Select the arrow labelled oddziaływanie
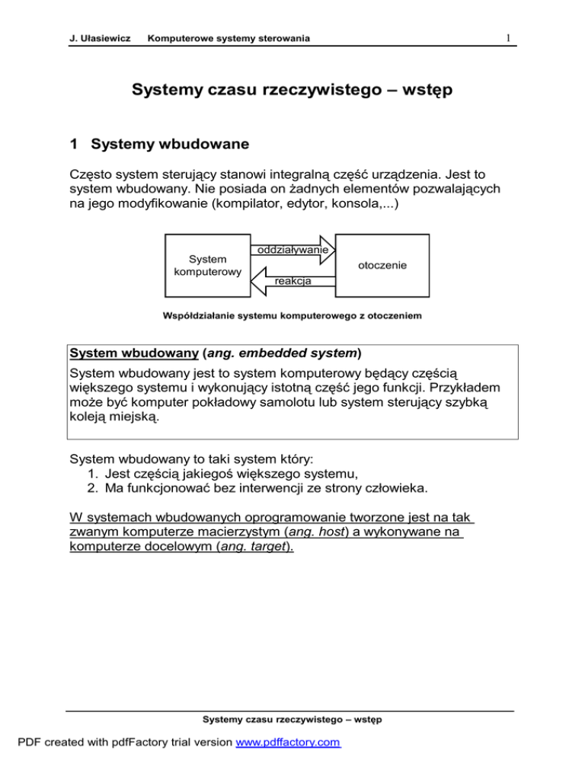(x=294, y=250)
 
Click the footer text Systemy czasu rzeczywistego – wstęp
(x=292, y=718)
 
